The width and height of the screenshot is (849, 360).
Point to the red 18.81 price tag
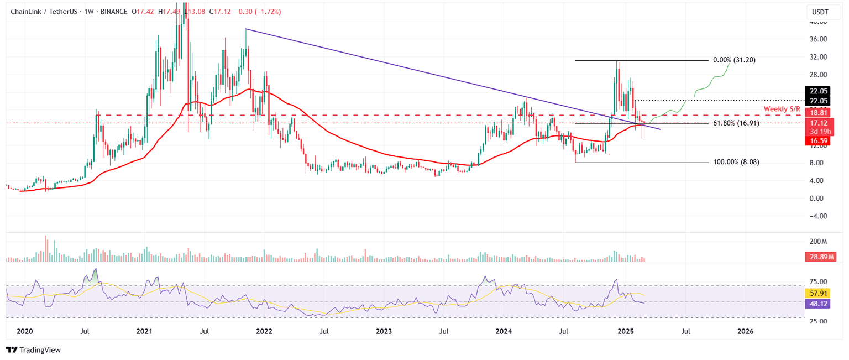coord(817,112)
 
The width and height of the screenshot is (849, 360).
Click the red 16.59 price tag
coord(817,141)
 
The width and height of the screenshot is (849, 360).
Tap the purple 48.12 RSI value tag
coord(817,304)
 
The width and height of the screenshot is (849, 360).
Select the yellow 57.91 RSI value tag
coord(817,294)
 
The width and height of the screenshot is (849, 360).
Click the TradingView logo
coord(33,349)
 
